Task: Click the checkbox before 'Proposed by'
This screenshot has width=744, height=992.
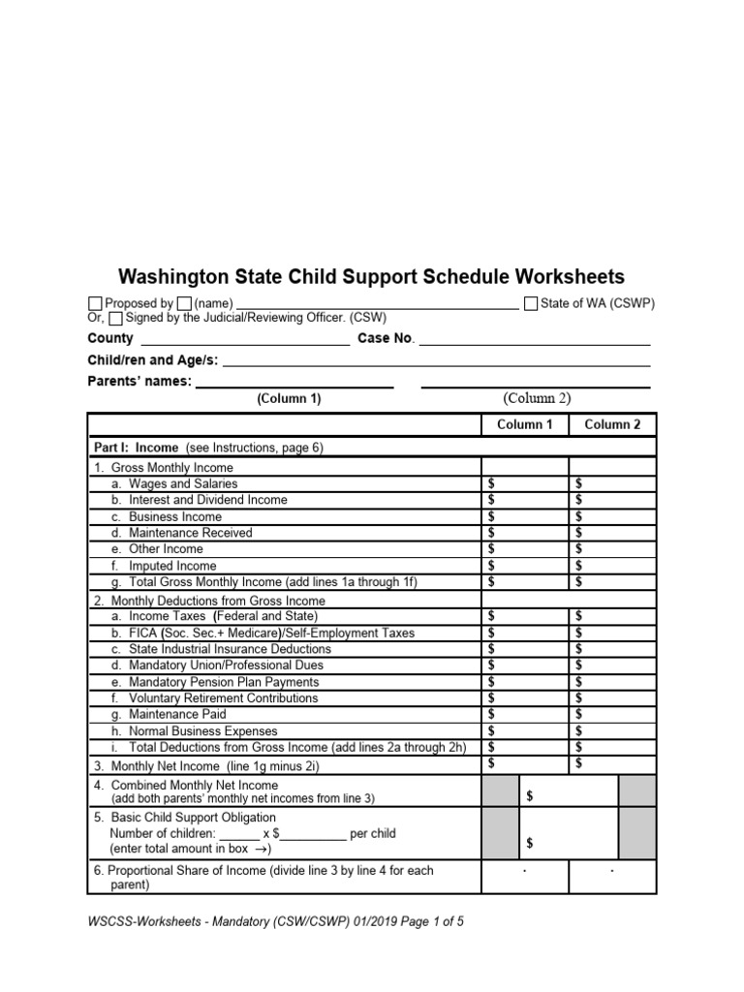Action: [x=95, y=304]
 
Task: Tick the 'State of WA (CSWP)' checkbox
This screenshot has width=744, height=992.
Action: [x=531, y=303]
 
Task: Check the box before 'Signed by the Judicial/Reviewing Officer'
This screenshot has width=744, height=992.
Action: [x=116, y=318]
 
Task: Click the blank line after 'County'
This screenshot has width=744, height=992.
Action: [x=245, y=341]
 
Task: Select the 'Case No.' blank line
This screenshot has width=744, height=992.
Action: [x=534, y=341]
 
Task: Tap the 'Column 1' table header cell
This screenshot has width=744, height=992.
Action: [x=524, y=424]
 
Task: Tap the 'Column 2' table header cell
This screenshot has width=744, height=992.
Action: [x=612, y=424]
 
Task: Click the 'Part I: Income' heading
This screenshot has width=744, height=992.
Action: [x=136, y=448]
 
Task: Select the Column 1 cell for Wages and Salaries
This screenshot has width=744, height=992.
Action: [x=525, y=483]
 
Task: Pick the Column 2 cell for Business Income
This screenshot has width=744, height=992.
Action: [x=612, y=516]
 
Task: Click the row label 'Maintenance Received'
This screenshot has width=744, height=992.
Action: [x=190, y=533]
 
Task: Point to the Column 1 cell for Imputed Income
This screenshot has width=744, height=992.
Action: [x=525, y=566]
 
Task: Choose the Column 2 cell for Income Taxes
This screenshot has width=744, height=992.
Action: [x=612, y=615]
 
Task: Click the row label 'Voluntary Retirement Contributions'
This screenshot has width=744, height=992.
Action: [x=223, y=698]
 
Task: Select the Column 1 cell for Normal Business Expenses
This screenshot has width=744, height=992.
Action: [x=525, y=731]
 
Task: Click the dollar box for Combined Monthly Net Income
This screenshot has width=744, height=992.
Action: [x=569, y=796]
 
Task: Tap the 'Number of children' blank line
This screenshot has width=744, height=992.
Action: [x=239, y=834]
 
